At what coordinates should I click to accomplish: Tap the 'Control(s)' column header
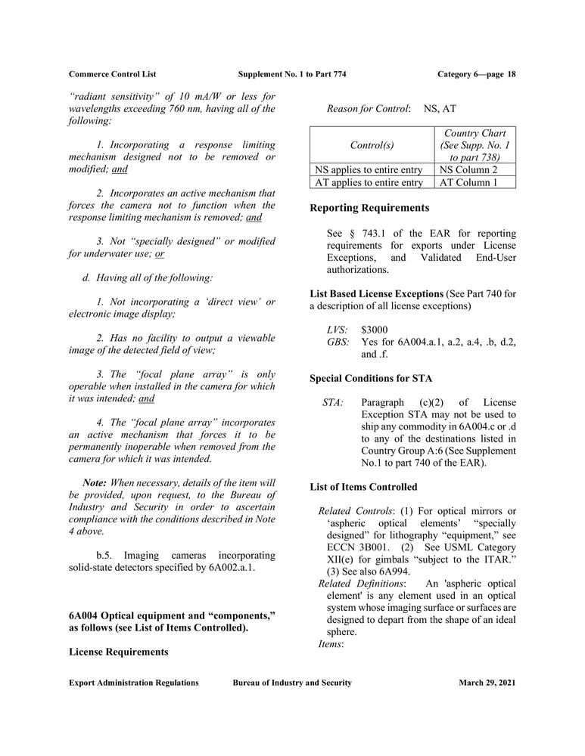372,144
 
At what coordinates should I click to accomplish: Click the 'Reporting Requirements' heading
369,208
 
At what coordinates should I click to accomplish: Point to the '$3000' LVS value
375,330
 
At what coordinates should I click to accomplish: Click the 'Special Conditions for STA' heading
371,378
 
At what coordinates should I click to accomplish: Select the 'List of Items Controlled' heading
363,486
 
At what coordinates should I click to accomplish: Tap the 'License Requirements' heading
118,651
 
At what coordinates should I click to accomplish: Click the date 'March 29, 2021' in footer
487,683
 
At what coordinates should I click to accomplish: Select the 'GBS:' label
338,342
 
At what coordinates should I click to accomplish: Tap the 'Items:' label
331,644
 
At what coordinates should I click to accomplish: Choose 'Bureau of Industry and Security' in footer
292,683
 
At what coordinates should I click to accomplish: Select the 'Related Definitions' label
361,584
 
